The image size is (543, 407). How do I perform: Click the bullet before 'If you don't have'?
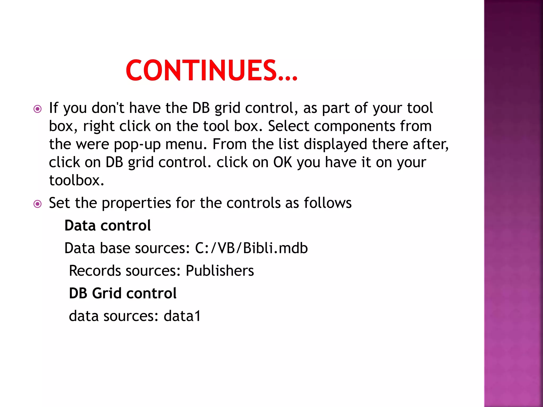[38, 109]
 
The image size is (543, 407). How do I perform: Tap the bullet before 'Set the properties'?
[38, 204]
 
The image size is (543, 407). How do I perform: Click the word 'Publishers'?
[220, 271]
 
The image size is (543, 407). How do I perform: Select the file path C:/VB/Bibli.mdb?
[251, 248]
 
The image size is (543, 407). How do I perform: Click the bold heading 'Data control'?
[107, 225]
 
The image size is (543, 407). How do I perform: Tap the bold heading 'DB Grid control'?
[122, 293]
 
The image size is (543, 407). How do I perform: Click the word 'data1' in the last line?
[182, 316]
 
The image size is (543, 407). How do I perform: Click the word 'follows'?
[327, 203]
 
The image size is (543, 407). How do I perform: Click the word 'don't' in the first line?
[108, 108]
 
